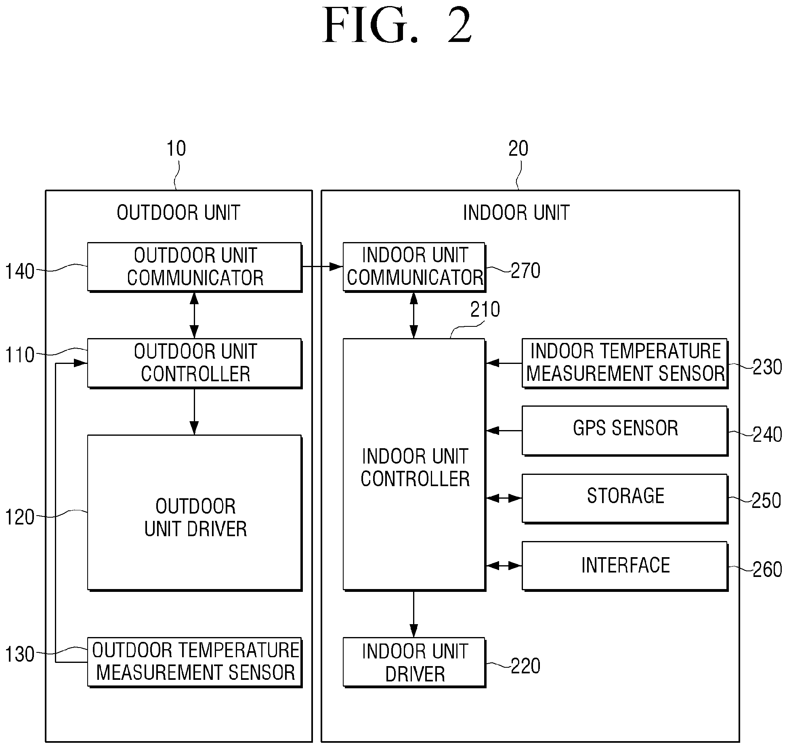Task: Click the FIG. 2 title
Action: [x=397, y=26]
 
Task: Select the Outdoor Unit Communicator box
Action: [x=195, y=267]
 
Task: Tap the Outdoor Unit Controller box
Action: [x=195, y=363]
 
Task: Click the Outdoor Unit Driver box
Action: [x=195, y=513]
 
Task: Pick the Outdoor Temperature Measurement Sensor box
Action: [x=195, y=662]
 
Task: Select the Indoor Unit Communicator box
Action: [x=414, y=267]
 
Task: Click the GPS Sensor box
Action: [x=625, y=431]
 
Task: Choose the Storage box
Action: [x=625, y=499]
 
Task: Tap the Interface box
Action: [x=625, y=566]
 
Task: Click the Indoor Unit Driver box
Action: [x=414, y=662]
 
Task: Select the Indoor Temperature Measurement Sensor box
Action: [x=625, y=363]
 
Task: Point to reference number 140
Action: [x=19, y=272]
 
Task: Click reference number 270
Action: [x=525, y=270]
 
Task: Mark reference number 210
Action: [x=485, y=309]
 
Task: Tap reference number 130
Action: [x=19, y=654]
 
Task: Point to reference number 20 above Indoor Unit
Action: [x=518, y=148]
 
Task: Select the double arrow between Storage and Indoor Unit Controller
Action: [x=504, y=498]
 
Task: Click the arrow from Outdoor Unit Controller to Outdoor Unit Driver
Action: [x=194, y=412]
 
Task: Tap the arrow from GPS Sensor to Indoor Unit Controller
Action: [x=504, y=431]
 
